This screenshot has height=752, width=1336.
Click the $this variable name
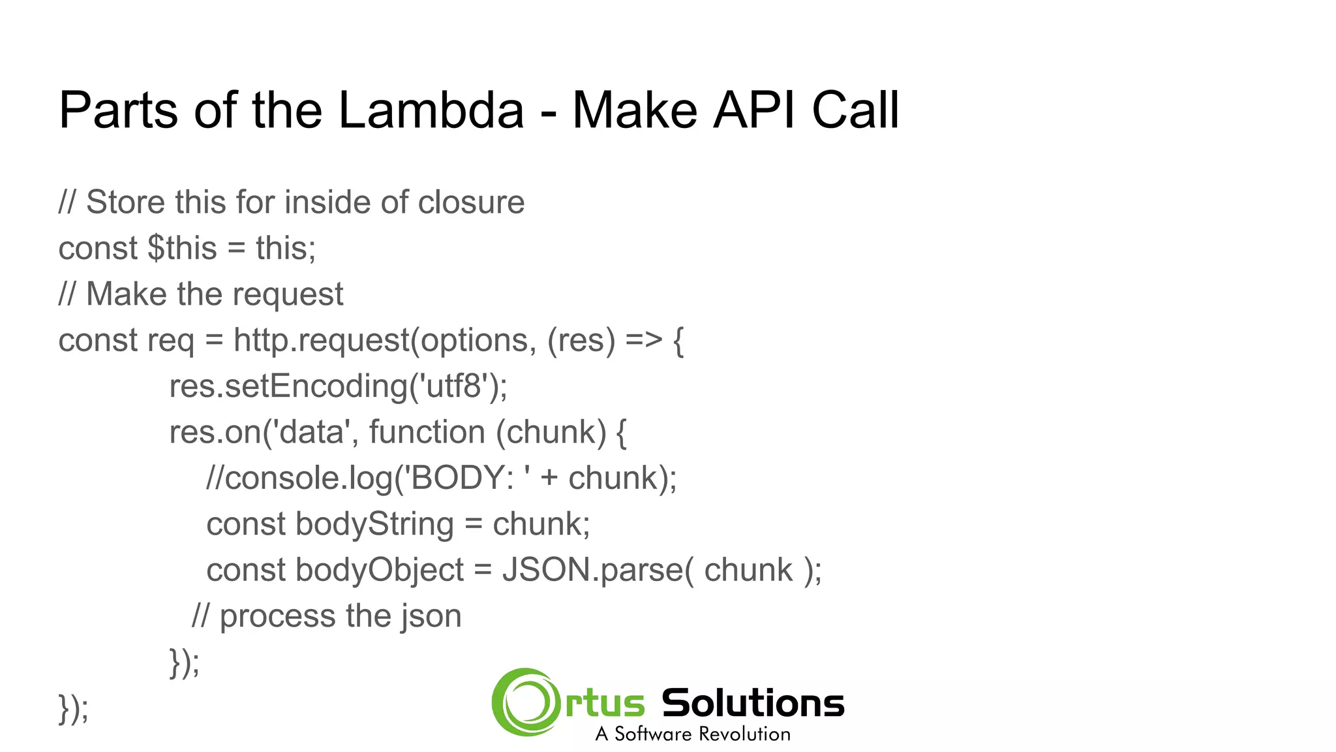182,249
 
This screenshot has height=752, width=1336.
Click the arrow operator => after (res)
643,341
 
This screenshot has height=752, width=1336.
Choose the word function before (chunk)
427,432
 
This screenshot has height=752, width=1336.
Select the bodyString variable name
374,524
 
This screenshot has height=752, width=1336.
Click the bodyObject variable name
380,570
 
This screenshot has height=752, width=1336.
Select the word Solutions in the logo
753,704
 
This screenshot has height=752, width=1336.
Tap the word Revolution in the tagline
744,734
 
